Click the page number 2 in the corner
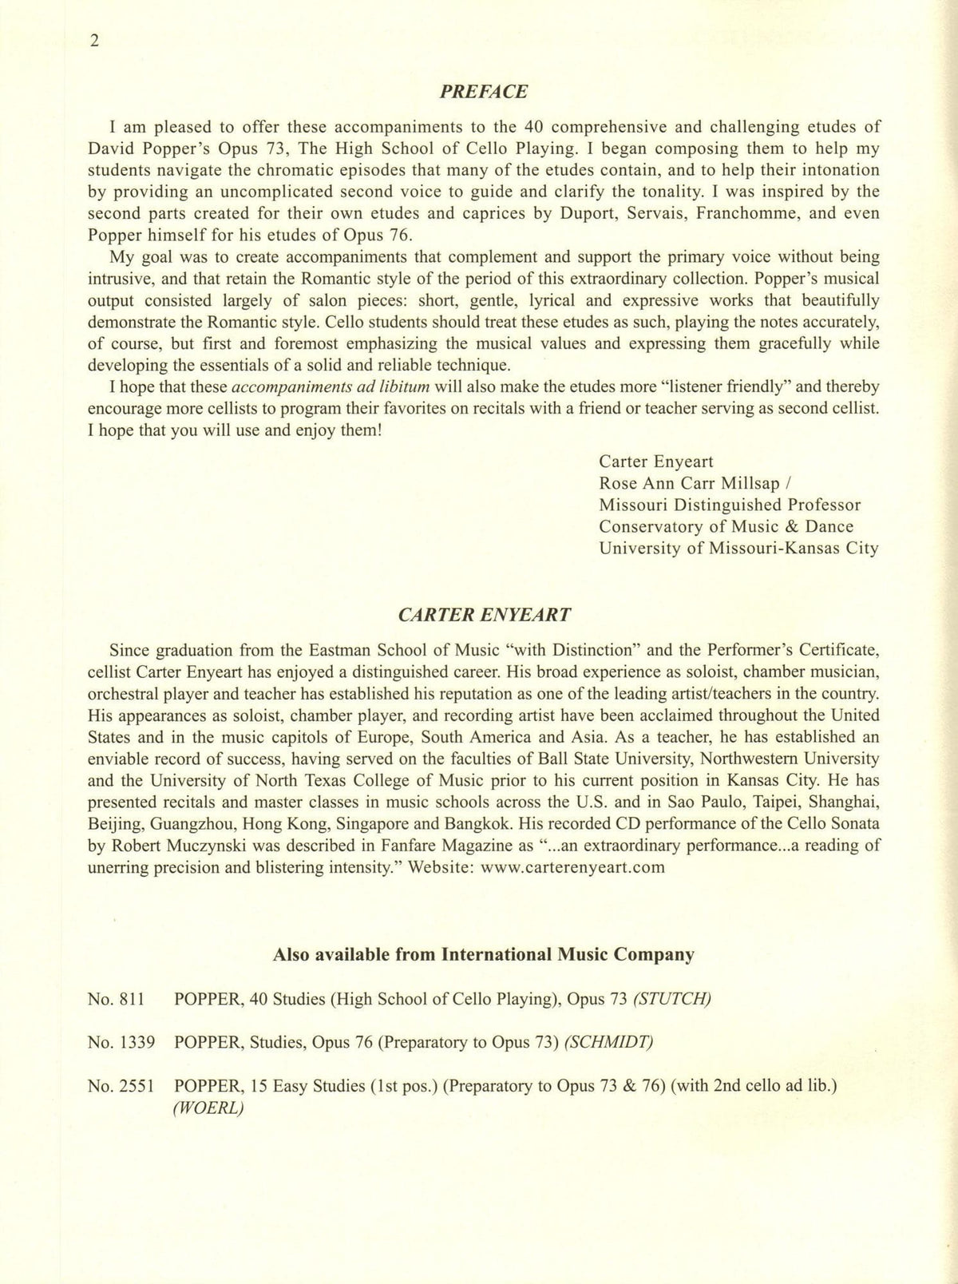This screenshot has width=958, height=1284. tap(94, 42)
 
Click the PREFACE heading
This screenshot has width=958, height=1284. tap(484, 91)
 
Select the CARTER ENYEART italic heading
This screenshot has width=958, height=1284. tap(484, 615)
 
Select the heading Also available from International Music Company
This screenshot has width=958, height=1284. tap(484, 954)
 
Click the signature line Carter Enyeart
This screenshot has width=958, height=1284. tap(656, 462)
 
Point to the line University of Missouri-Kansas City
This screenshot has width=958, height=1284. tap(738, 549)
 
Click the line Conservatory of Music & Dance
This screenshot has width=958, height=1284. tap(726, 527)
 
